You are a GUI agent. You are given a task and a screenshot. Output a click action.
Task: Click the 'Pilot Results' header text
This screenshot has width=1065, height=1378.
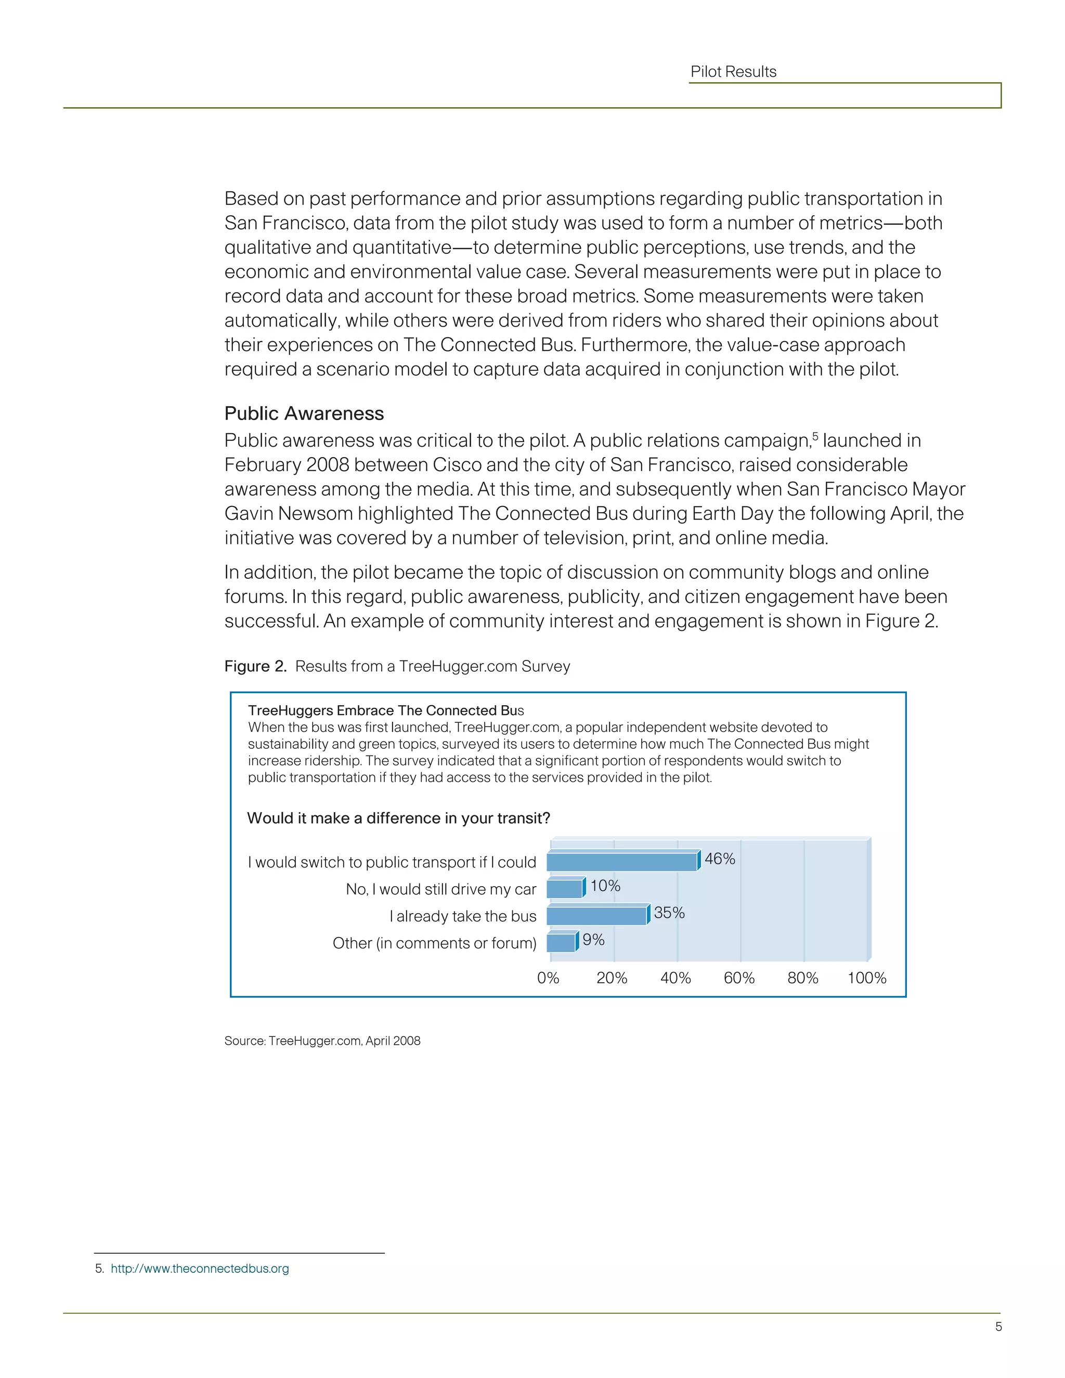(733, 72)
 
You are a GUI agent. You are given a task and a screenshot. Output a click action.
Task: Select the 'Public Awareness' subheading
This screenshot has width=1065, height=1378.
(304, 413)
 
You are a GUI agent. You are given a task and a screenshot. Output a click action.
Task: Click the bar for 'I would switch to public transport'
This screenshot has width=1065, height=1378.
(622, 862)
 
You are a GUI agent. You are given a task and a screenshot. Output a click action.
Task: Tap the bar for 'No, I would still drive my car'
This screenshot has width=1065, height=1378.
(565, 889)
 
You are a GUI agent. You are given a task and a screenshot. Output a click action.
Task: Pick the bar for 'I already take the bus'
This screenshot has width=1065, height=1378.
(597, 916)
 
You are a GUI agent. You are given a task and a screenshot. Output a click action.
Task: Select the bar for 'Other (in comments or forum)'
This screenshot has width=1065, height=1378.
(561, 943)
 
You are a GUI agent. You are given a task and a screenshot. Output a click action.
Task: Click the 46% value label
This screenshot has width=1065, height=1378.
(720, 859)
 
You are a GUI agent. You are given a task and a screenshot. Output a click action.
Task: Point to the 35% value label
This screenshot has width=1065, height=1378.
(669, 913)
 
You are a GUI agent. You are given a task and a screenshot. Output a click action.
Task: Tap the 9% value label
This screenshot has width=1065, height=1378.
(593, 940)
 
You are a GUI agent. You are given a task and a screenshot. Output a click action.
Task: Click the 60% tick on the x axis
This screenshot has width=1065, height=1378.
(739, 978)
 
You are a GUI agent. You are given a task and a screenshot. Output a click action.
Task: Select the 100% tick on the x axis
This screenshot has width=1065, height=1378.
(867, 978)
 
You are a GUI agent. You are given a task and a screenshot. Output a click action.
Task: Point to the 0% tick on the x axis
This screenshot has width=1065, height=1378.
(548, 978)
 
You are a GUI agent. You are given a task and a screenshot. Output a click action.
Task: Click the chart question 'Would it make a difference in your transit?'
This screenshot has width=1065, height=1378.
(399, 818)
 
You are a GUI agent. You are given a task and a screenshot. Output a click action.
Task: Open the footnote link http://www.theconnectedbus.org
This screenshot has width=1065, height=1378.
(200, 1268)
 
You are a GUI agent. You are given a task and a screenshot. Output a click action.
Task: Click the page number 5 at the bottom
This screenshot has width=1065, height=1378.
(998, 1327)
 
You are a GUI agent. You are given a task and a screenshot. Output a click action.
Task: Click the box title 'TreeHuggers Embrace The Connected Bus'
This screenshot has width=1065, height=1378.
(386, 710)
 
